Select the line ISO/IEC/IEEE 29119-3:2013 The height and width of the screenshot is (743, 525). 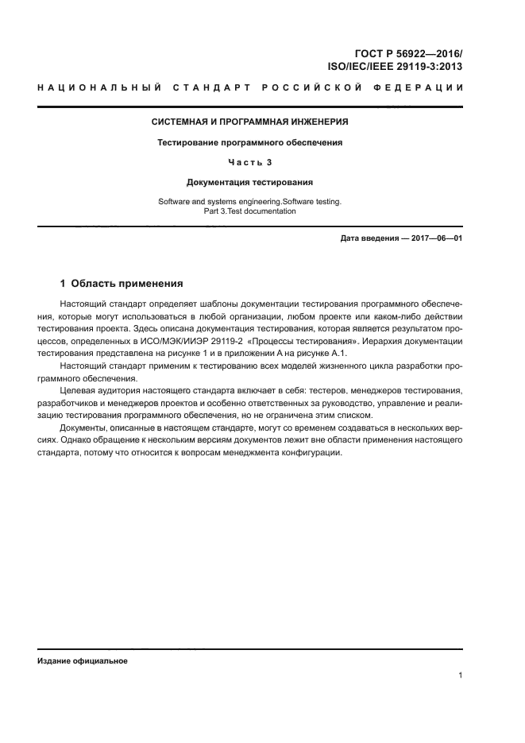click(396, 68)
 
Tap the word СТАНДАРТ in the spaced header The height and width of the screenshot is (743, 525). click(209, 87)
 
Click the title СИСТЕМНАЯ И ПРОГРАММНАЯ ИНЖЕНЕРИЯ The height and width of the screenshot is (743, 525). click(250, 122)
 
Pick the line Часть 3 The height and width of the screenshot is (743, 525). click(250, 162)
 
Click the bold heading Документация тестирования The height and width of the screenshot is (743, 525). click(250, 182)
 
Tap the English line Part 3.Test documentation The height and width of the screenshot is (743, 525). click(250, 211)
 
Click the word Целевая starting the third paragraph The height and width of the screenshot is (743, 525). click(78, 391)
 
